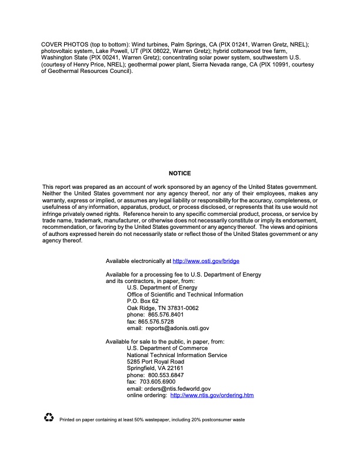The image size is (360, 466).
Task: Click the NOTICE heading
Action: coord(180,174)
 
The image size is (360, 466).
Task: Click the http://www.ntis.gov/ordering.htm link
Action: coord(212,395)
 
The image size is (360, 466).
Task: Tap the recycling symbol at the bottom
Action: coord(49,418)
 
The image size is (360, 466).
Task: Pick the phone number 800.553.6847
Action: coord(166,375)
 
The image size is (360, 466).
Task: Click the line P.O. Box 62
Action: coord(143,301)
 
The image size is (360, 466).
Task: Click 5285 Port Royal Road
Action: coord(155,361)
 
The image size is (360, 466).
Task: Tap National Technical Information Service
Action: coord(177,355)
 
